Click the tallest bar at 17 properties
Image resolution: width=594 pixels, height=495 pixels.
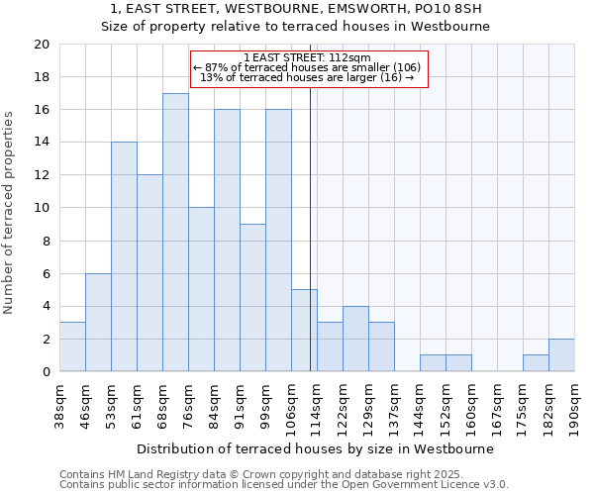tap(175, 233)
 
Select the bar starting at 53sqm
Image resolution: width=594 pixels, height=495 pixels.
tap(124, 256)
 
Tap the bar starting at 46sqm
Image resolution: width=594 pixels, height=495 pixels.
tap(98, 322)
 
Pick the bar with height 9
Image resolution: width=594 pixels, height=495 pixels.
tap(252, 297)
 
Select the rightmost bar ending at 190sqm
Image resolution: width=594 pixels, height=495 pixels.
tap(561, 354)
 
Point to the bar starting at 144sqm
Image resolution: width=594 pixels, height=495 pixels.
tap(433, 362)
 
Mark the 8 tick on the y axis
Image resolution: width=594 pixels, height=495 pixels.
tap(45, 241)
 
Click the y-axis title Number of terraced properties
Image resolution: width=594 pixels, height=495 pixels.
tap(10, 213)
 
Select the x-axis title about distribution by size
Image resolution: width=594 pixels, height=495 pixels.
tap(315, 448)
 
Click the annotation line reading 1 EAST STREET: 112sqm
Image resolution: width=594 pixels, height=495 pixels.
tap(307, 57)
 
